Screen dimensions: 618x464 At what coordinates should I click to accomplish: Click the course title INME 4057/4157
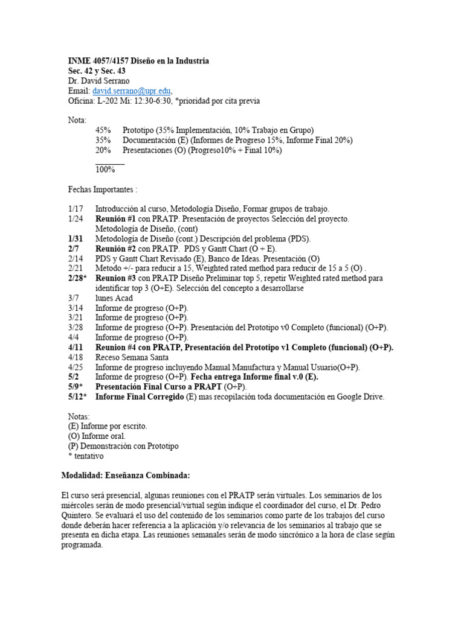[x=106, y=61]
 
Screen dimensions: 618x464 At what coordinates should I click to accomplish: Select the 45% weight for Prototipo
[x=105, y=130]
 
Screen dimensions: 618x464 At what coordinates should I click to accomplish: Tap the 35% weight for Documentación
[x=105, y=140]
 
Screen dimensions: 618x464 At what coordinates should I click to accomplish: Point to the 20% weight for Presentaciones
[x=104, y=150]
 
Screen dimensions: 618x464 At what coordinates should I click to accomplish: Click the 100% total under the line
[x=105, y=170]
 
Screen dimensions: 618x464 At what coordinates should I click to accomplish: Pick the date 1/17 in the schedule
[x=76, y=209]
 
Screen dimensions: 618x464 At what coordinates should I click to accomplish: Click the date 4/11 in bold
[x=76, y=347]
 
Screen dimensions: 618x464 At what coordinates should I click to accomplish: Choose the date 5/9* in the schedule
[x=77, y=386]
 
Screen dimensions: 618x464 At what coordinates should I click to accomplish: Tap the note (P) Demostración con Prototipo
[x=123, y=446]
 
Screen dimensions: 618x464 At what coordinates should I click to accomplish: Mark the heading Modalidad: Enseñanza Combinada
[x=126, y=475]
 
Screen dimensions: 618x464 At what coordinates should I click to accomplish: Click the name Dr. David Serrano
[x=98, y=81]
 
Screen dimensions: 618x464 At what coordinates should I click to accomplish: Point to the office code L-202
[x=109, y=101]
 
